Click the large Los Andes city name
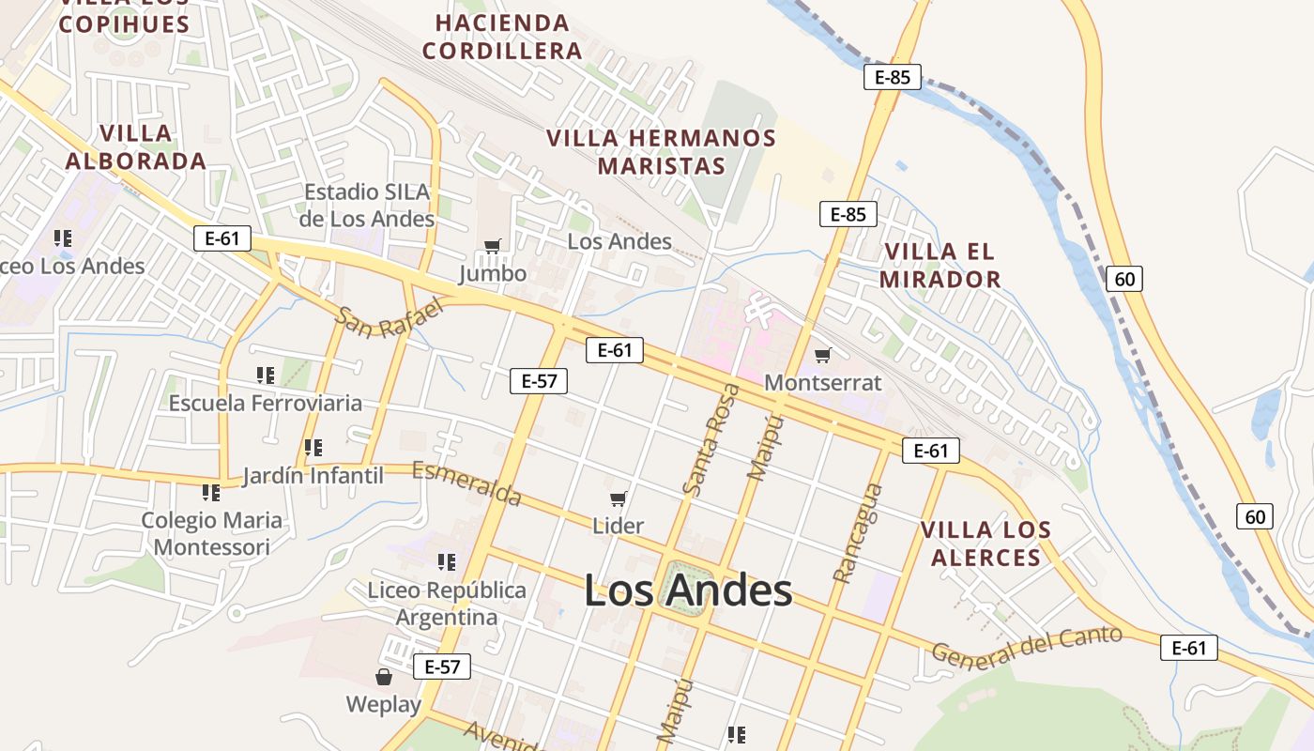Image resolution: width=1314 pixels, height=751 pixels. [x=688, y=591]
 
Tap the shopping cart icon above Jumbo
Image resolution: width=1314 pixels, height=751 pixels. [x=493, y=247]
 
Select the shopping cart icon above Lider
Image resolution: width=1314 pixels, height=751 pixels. [x=618, y=498]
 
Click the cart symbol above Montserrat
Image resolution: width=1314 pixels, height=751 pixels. [x=823, y=355]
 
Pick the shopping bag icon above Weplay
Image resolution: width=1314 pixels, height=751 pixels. [x=384, y=677]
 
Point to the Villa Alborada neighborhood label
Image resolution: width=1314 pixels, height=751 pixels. [x=136, y=147]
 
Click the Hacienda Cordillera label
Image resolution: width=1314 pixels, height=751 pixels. [x=502, y=37]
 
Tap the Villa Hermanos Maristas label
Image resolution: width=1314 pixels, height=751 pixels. [x=662, y=152]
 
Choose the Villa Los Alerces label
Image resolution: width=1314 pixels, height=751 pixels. [x=985, y=544]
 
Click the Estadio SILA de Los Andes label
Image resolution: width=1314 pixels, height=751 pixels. [x=368, y=206]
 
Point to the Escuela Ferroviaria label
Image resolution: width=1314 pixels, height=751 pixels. [x=266, y=404]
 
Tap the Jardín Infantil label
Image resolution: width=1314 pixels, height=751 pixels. [x=313, y=476]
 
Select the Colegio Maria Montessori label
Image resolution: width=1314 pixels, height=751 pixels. [x=212, y=533]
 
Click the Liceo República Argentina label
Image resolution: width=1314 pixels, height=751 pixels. [x=447, y=604]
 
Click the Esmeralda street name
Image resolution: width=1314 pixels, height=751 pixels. [x=466, y=483]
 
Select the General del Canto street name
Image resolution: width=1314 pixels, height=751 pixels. [x=1027, y=647]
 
